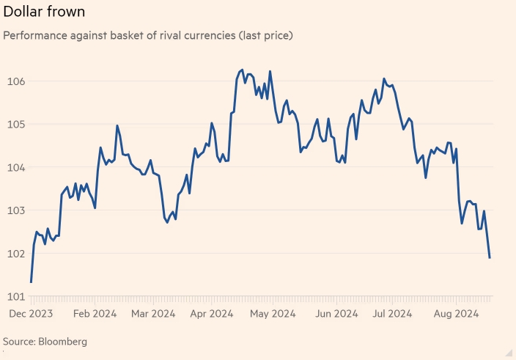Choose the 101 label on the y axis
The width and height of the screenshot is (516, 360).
15,297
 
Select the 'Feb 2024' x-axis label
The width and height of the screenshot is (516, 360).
95,314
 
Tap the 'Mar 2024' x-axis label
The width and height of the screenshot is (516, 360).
153,314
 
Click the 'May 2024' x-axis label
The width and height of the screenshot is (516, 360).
273,314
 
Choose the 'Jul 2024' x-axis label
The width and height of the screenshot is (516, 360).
390,314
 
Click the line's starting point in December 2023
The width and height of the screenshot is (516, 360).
31,282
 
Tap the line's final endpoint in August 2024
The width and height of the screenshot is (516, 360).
490,257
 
